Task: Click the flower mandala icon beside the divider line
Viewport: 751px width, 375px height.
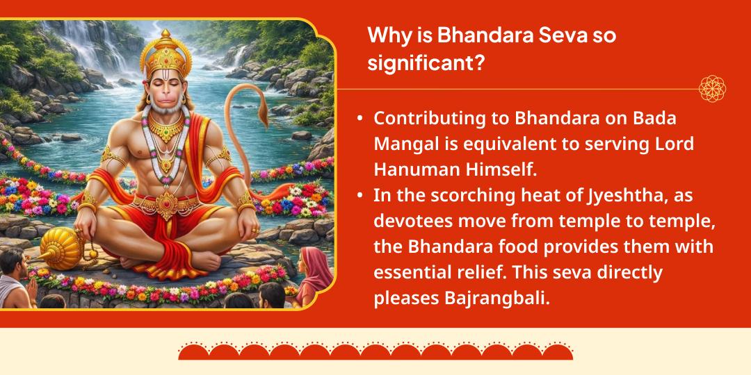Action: [712, 89]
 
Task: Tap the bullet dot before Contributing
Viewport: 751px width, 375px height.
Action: [360, 119]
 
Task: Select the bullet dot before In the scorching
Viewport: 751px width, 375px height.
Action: [360, 197]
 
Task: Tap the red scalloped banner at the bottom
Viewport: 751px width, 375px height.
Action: [375, 351]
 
